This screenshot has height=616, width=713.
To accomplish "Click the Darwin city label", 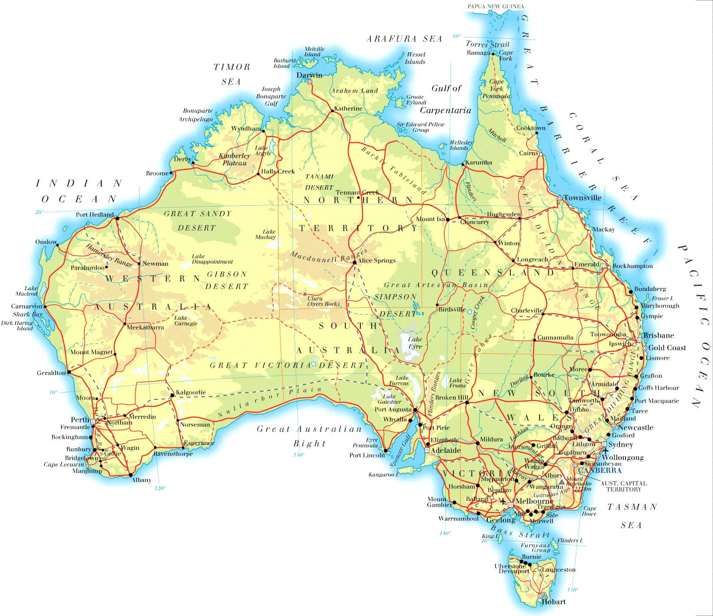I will pyautogui.click(x=309, y=75).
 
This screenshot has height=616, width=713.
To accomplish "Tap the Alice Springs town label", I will pyautogui.click(x=377, y=261).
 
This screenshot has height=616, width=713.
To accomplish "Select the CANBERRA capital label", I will pyautogui.click(x=600, y=470).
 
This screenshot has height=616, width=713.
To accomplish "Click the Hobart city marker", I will pyautogui.click(x=540, y=596).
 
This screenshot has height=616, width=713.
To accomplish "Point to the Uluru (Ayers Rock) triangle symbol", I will pyautogui.click(x=305, y=294).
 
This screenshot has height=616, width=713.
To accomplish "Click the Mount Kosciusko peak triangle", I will pyautogui.click(x=561, y=482).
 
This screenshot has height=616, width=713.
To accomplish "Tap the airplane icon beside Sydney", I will pyautogui.click(x=605, y=450).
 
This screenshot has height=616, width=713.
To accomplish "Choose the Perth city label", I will pyautogui.click(x=80, y=420).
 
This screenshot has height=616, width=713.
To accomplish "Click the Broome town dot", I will pyautogui.click(x=171, y=173).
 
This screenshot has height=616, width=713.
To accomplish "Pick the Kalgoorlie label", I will pyautogui.click(x=191, y=392).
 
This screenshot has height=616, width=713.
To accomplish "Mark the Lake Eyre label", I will pyautogui.click(x=415, y=342).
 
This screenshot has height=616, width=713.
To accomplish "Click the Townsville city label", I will pyautogui.click(x=583, y=198).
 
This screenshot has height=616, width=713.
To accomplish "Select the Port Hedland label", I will pyautogui.click(x=95, y=214).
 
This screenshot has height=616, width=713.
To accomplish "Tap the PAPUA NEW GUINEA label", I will pyautogui.click(x=496, y=7).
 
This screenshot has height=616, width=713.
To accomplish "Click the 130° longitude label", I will pyautogui.click(x=299, y=455).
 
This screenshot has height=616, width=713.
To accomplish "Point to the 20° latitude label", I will pyautogui.click(x=40, y=212).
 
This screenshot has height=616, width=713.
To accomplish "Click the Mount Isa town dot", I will pyautogui.click(x=447, y=220).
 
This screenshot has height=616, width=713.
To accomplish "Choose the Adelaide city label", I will pyautogui.click(x=446, y=450).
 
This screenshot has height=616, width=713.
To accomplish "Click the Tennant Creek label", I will pyautogui.click(x=357, y=192).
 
